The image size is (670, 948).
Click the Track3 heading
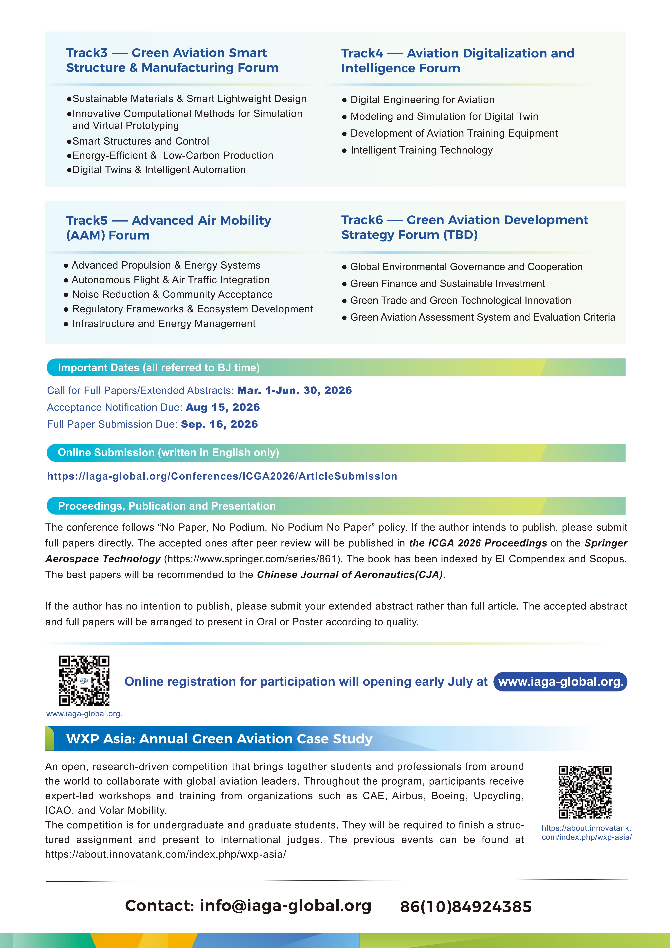tap(172, 60)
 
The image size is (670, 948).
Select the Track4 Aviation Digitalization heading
tap(457, 61)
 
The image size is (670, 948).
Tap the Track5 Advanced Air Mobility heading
tap(168, 228)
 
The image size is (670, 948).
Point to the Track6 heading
tap(464, 227)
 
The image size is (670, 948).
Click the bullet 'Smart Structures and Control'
tap(140, 141)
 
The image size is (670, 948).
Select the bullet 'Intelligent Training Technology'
tap(421, 150)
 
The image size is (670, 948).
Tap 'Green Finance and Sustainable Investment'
tap(447, 284)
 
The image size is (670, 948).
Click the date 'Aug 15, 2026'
tap(222, 408)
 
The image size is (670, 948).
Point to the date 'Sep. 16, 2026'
tap(219, 424)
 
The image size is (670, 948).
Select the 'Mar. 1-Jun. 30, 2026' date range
tap(294, 391)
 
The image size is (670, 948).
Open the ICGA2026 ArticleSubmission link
tap(222, 477)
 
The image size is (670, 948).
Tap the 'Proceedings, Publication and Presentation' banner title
tap(167, 506)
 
